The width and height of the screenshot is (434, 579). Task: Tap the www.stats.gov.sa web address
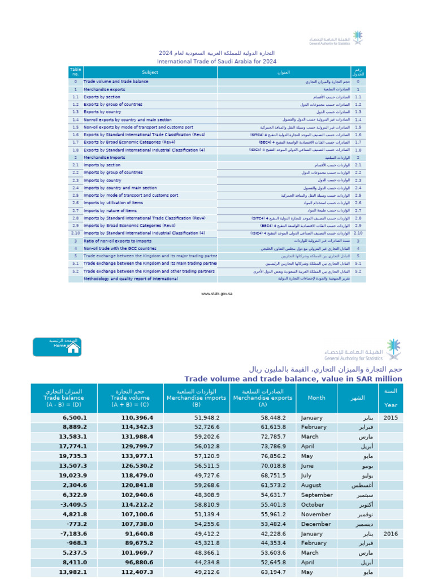217,294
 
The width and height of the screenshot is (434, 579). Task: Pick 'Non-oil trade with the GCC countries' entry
120,248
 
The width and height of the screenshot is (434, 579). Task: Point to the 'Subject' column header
150,72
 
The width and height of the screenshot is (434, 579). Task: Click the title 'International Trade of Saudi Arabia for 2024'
217,61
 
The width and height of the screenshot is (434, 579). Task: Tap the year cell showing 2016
390,534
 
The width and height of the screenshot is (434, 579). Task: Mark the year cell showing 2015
390,417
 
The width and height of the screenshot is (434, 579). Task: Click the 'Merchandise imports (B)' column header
197,397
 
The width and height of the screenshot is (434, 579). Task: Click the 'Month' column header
316,397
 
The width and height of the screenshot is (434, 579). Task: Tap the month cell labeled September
317,495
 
